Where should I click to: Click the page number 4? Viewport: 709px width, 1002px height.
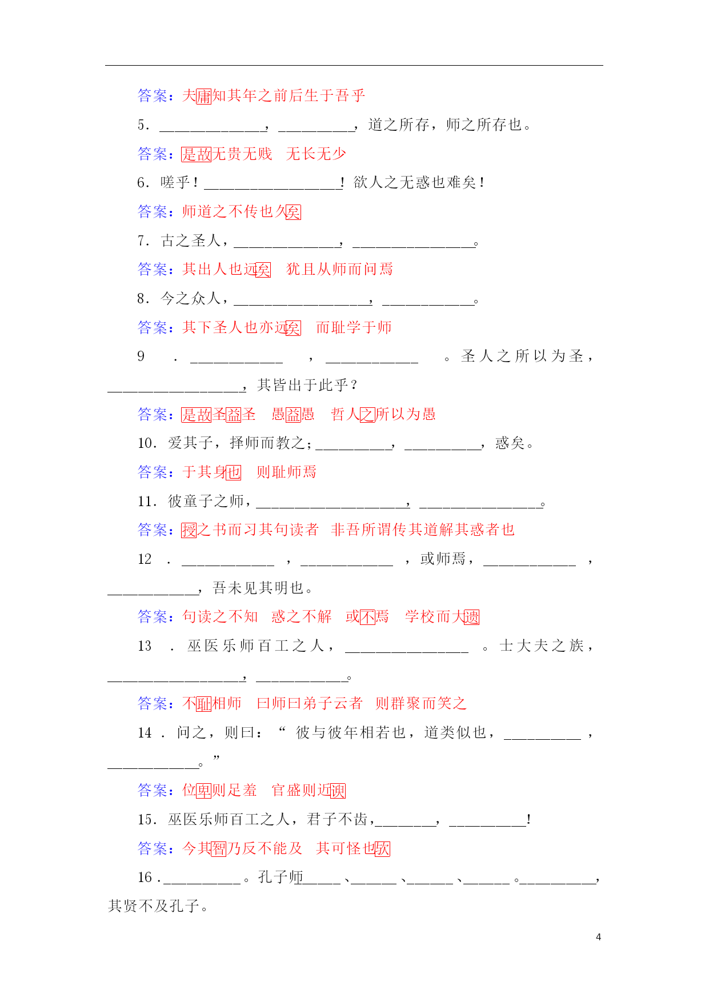[598, 937]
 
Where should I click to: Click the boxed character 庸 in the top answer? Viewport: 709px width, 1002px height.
[204, 96]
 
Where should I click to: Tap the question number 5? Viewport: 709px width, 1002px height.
[143, 125]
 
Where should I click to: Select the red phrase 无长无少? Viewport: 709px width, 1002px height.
[316, 154]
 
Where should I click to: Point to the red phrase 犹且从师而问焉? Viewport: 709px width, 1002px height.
[339, 269]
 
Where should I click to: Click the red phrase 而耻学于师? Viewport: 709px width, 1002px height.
[354, 327]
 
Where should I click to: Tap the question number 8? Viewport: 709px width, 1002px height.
[143, 299]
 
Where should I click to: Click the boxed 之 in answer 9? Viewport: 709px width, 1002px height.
[367, 414]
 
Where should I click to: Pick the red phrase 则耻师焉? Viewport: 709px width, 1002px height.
[286, 472]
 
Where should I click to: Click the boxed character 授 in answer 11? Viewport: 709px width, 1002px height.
[189, 530]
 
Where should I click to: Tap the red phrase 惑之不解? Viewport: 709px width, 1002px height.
[301, 616]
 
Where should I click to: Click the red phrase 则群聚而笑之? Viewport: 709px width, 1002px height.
[420, 703]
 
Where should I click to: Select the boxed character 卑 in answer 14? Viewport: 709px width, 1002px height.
[204, 791]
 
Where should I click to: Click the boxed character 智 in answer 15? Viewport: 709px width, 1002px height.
[219, 849]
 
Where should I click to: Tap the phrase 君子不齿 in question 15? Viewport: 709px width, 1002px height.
[337, 820]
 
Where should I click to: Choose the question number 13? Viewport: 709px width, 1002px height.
[145, 646]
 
